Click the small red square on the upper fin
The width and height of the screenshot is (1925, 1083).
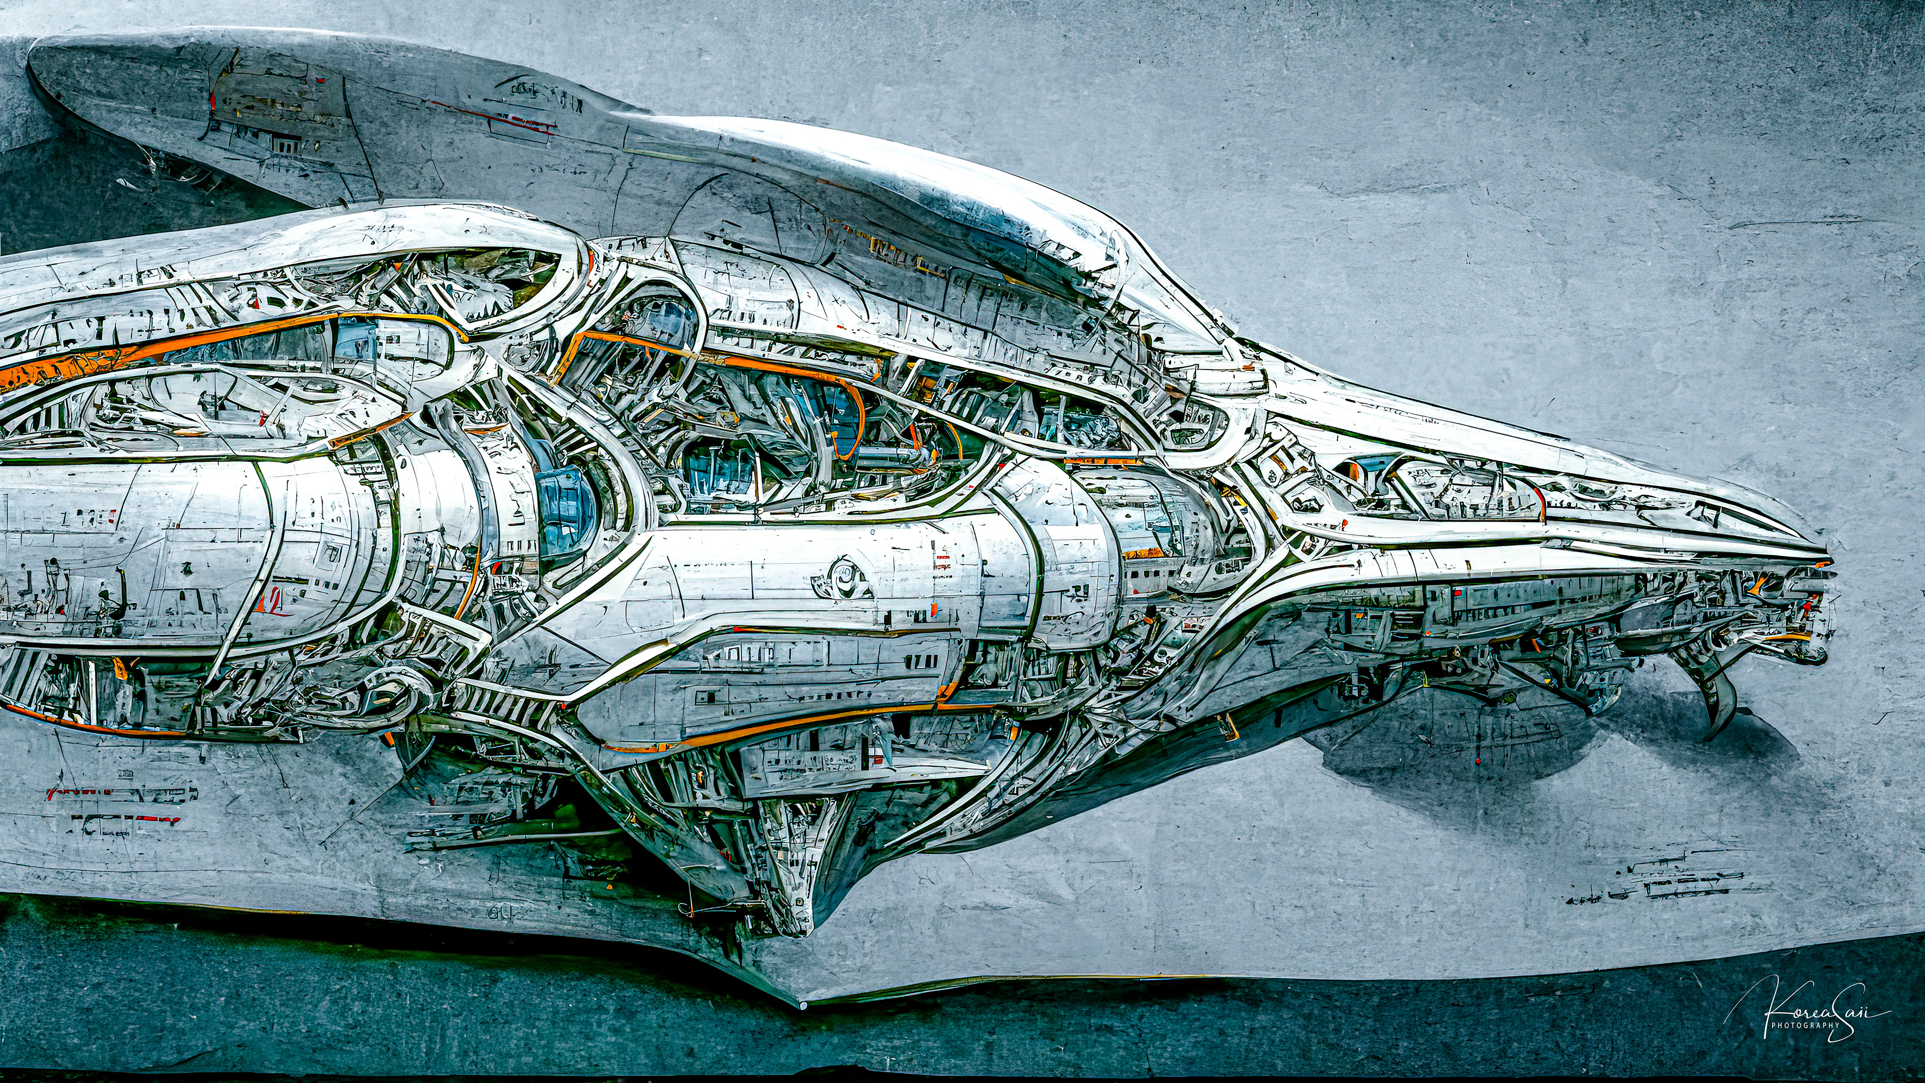tap(319, 79)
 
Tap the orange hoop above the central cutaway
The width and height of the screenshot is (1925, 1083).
tap(852, 419)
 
